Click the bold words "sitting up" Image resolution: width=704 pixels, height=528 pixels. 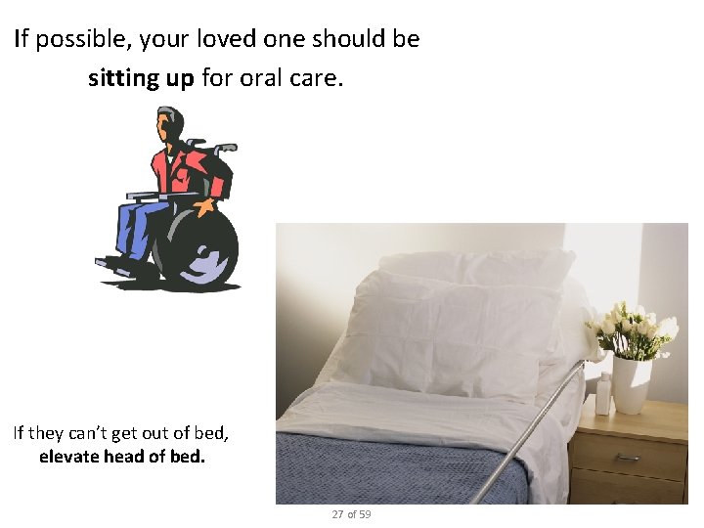pyautogui.click(x=141, y=78)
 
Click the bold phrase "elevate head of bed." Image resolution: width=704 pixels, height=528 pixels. pyautogui.click(x=122, y=457)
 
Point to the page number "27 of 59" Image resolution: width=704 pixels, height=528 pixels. pyautogui.click(x=351, y=514)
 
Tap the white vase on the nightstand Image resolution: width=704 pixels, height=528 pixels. pyautogui.click(x=632, y=384)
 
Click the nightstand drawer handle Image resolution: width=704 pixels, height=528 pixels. pyautogui.click(x=628, y=456)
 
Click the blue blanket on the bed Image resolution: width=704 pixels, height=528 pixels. pyautogui.click(x=391, y=469)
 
